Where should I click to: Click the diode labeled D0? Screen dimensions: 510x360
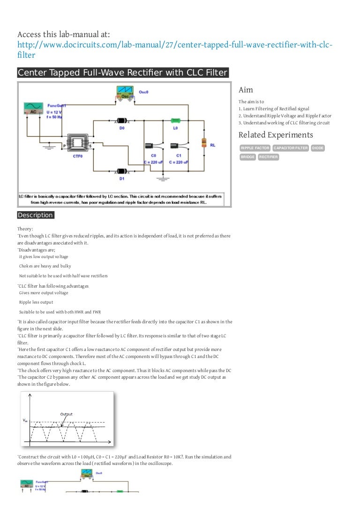[122, 121]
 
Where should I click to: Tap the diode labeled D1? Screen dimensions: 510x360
[122, 172]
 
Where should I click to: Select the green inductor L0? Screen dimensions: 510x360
[175, 121]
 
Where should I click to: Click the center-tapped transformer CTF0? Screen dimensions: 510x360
[77, 143]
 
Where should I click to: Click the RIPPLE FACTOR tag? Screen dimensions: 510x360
[255, 148]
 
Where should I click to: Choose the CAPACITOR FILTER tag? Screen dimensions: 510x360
[291, 148]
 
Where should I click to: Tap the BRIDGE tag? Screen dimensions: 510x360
[247, 157]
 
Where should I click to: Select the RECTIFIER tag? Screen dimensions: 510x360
[268, 157]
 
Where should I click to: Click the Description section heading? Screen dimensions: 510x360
[36, 215]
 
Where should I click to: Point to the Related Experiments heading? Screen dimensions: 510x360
[276, 135]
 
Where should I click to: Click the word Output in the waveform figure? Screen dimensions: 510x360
[66, 414]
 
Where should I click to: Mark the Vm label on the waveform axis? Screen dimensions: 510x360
[25, 420]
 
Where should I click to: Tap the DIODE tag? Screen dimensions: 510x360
[317, 148]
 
